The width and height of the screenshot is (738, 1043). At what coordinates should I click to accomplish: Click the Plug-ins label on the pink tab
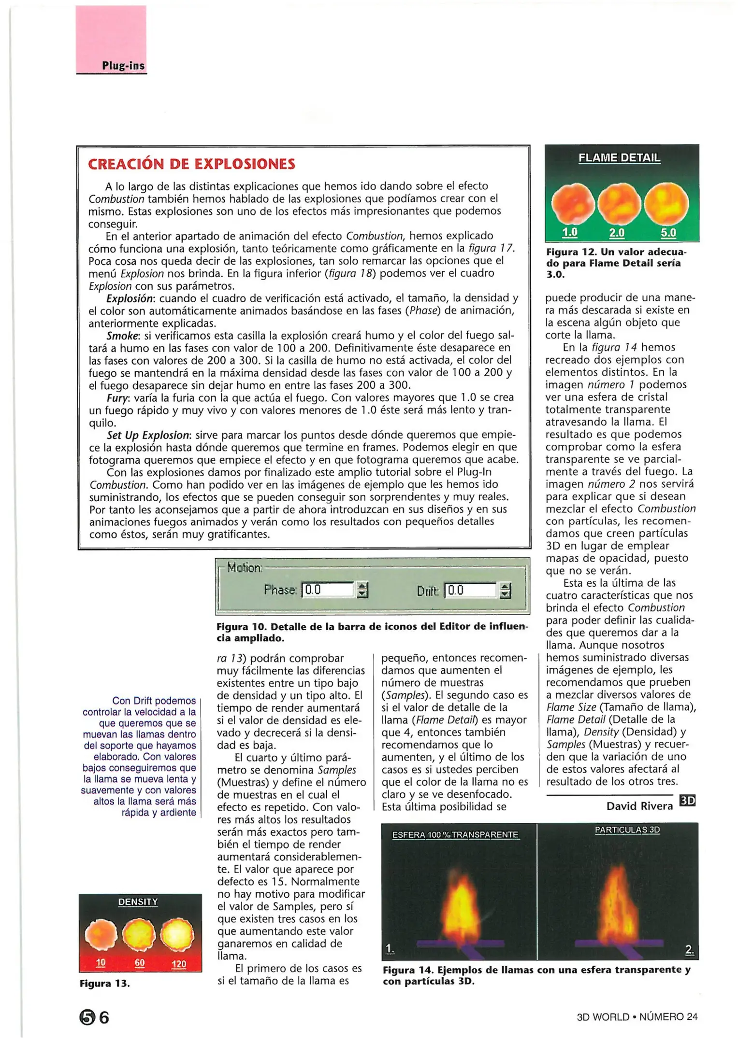[123, 66]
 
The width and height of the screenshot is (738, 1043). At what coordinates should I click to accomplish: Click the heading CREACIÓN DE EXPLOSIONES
[191, 164]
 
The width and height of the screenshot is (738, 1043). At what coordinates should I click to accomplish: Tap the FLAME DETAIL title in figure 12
[620, 158]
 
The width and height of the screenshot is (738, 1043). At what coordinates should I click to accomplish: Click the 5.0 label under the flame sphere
[668, 233]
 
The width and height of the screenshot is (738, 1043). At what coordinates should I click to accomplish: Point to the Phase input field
[328, 590]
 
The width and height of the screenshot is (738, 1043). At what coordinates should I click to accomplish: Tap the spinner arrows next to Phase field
[362, 590]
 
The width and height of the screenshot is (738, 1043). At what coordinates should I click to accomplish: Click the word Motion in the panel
[244, 568]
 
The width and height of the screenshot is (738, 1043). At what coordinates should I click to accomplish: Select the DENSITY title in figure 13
[138, 902]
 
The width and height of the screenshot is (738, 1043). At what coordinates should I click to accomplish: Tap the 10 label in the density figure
[101, 962]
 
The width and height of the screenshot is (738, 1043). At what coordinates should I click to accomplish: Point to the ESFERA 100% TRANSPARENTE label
[455, 835]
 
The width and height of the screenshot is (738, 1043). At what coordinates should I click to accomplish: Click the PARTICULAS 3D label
[627, 830]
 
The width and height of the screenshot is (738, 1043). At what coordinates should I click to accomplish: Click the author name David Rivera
[639, 806]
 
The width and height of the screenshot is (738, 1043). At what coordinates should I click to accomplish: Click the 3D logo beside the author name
[687, 801]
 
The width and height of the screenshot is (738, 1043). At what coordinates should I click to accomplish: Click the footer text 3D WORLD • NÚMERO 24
[637, 1017]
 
